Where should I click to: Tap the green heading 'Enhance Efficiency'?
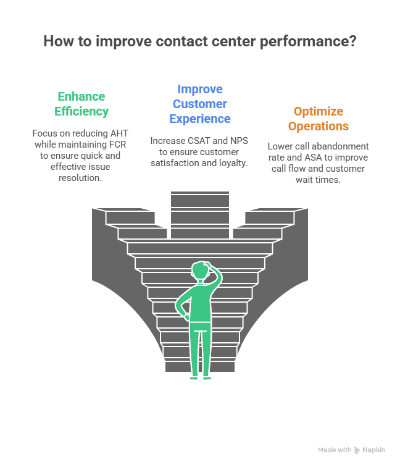coord(81,104)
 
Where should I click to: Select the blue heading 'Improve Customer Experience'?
coord(200,104)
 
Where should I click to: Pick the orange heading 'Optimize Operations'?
coord(319,119)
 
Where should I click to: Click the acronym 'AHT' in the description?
coord(111,134)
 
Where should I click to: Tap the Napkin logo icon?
coord(357,450)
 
